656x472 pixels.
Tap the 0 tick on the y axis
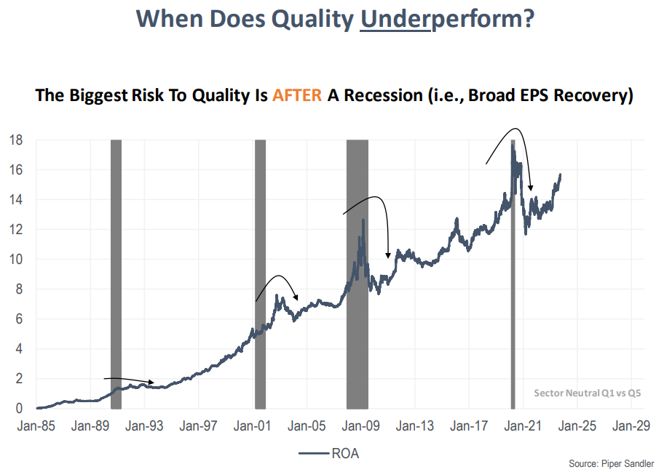click(20, 408)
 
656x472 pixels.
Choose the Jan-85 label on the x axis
click(36, 426)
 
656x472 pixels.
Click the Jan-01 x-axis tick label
click(250, 426)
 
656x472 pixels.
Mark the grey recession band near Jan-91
click(116, 273)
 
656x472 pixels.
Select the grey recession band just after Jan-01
click(260, 273)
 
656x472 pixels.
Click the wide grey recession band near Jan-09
click(357, 273)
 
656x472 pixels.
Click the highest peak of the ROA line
click(513, 145)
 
